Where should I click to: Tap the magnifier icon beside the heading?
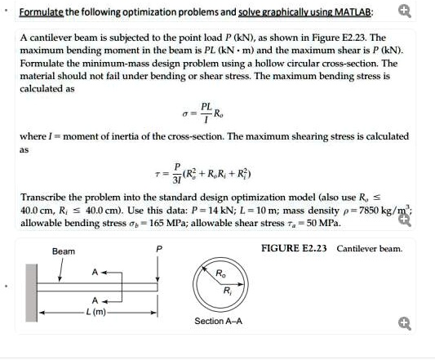click(404, 11)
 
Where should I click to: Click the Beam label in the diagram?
click(64, 251)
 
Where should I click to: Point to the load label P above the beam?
click(159, 248)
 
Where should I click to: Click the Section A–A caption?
click(219, 321)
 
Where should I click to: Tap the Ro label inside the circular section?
click(220, 273)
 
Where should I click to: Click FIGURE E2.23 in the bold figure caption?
click(295, 248)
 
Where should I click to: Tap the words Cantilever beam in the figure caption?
click(370, 248)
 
